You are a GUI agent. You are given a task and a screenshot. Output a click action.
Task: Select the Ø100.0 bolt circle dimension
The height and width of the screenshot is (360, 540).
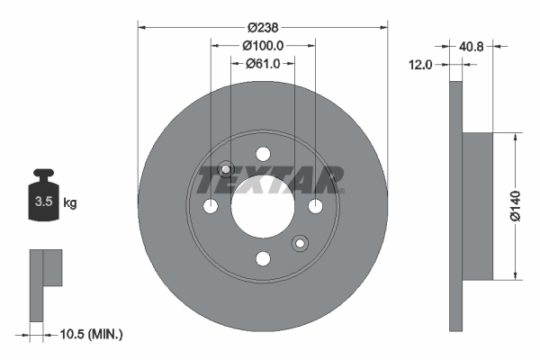[263, 45]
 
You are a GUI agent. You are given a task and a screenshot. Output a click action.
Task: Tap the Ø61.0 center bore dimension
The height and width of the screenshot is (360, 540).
[263, 63]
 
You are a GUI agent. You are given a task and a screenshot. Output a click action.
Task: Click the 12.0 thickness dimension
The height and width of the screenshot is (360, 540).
[421, 64]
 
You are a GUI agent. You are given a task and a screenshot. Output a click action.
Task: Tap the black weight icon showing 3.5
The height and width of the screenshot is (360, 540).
[42, 198]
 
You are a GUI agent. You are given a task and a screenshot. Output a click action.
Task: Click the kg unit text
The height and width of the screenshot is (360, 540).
[70, 203]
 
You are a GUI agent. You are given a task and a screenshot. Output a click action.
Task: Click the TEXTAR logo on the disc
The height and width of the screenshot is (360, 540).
[270, 180]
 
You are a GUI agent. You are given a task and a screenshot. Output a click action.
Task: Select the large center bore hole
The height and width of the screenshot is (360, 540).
[263, 207]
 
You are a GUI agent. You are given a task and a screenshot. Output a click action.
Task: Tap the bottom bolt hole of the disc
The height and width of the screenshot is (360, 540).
[263, 259]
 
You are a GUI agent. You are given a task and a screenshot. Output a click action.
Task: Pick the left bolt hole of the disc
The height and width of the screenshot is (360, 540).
[211, 207]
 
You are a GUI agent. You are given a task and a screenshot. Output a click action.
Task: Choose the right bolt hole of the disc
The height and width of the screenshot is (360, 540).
[315, 207]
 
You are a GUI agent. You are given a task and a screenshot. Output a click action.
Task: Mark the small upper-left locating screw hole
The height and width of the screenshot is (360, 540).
[227, 169]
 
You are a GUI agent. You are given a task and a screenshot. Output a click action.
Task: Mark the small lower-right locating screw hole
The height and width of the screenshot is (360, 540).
[300, 243]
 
